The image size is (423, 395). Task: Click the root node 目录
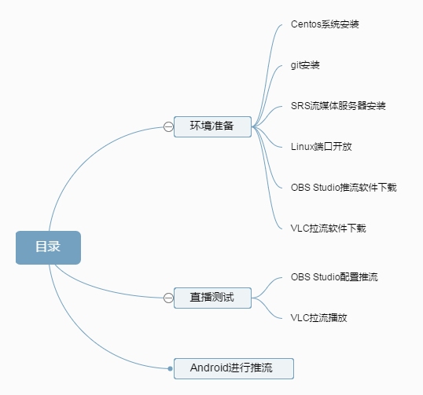(x=48, y=247)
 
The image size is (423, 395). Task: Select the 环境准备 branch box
(x=212, y=126)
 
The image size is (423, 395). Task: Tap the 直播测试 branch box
(x=212, y=298)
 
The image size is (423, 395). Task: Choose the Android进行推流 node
(x=233, y=368)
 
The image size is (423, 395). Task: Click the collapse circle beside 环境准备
(x=168, y=126)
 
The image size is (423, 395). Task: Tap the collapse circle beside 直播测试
(x=168, y=298)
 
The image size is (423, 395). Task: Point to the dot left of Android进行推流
(x=170, y=368)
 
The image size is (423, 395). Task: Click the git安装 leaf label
(x=305, y=64)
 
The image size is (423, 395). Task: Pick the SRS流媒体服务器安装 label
(x=338, y=105)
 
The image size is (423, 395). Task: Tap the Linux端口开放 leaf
(x=321, y=146)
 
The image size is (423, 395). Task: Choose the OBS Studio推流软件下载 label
(x=343, y=187)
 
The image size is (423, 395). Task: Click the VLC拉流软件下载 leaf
(x=328, y=228)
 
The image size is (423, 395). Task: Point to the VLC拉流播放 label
(x=318, y=318)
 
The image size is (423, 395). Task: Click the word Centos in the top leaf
(x=305, y=24)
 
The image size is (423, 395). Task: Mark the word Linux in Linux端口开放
(x=302, y=146)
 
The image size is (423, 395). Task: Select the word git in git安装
(x=296, y=64)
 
